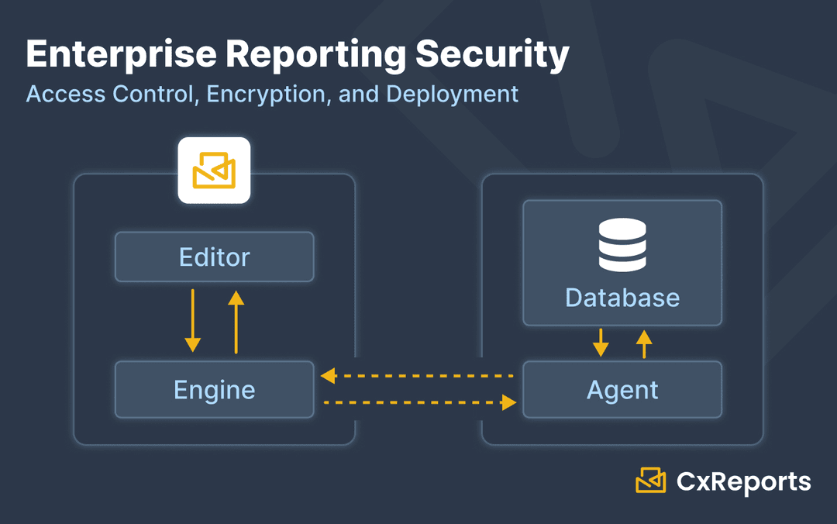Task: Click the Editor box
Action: coord(214,257)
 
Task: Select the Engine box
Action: coord(214,389)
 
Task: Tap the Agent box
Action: coord(622,389)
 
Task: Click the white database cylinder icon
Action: coord(622,244)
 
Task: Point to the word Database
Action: coord(622,298)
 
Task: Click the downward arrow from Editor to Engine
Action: coord(192,321)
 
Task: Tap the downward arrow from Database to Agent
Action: coord(601,343)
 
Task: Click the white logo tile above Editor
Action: coord(214,171)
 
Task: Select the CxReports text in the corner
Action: coord(743,481)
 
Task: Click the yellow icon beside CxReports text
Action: coord(651,481)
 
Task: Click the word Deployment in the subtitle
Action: coord(452,94)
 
